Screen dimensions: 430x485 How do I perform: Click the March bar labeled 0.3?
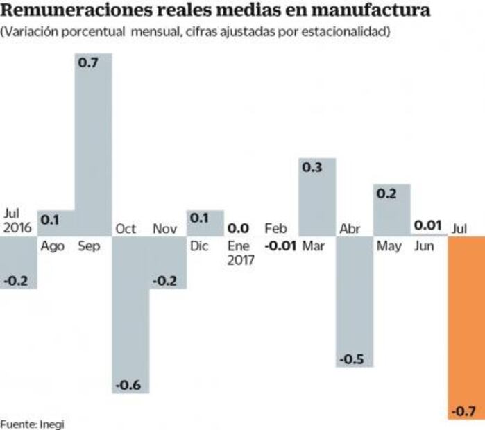click(x=318, y=197)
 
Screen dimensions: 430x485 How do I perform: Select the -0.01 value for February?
click(x=281, y=246)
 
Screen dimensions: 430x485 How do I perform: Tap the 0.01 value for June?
click(x=428, y=225)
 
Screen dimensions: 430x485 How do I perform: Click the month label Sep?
click(x=88, y=246)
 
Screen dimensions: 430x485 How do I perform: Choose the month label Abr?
click(x=349, y=228)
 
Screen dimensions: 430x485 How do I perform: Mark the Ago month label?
click(x=53, y=246)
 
